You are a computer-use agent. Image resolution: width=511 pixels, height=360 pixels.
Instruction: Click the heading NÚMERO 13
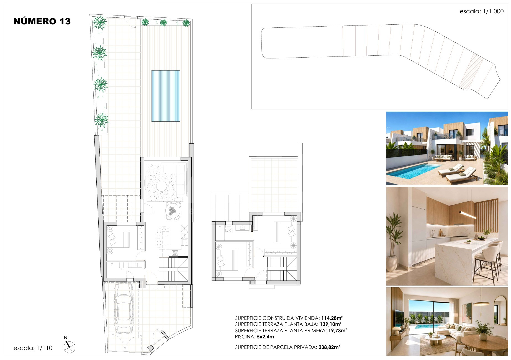click(x=42, y=21)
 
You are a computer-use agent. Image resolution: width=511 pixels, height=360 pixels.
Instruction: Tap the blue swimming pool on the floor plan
click(x=166, y=96)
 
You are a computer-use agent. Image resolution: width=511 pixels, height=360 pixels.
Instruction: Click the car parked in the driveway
click(x=124, y=308)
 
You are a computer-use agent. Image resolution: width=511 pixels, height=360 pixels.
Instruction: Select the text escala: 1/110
click(x=33, y=348)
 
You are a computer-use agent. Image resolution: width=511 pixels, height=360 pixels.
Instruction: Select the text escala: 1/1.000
click(x=482, y=11)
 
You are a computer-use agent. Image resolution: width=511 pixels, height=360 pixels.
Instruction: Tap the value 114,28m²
click(x=332, y=318)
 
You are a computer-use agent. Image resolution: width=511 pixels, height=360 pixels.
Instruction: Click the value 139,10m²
click(x=330, y=324)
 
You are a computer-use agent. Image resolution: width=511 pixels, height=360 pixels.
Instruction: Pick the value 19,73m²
click(x=338, y=331)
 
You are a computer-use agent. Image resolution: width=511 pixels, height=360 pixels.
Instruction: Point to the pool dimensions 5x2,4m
click(x=265, y=337)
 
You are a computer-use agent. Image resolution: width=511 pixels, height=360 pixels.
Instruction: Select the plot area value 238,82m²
click(x=329, y=347)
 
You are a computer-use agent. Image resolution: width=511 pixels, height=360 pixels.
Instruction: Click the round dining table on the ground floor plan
click(x=173, y=211)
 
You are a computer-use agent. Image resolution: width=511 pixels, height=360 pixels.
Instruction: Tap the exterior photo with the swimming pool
click(x=447, y=148)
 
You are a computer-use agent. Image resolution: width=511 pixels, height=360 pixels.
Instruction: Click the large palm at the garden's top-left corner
click(x=99, y=22)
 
